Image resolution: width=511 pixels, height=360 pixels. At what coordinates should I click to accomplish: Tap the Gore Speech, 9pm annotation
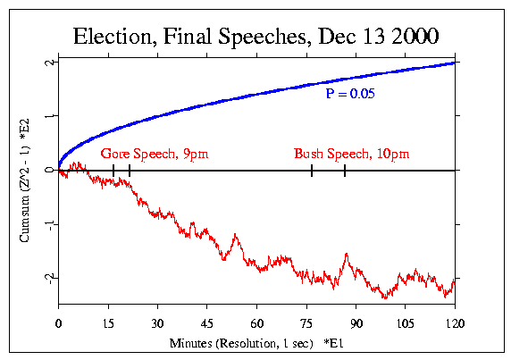[x=154, y=154]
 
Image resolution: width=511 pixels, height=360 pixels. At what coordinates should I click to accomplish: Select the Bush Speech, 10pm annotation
[x=351, y=154]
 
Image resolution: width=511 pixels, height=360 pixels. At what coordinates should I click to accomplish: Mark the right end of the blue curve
[x=456, y=63]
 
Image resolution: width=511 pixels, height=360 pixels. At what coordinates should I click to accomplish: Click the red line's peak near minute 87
[x=346, y=255]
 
